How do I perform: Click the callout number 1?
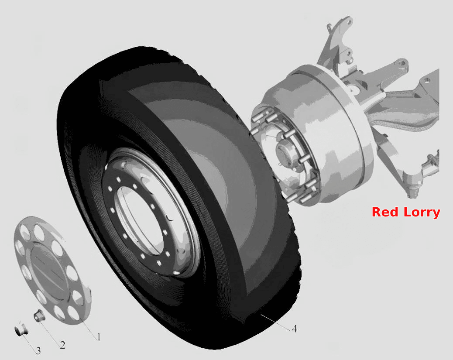pyautogui.click(x=99, y=337)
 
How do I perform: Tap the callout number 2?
pyautogui.click(x=63, y=345)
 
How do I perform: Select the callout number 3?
pyautogui.click(x=38, y=351)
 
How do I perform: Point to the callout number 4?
pyautogui.click(x=295, y=329)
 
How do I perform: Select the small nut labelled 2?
pyautogui.click(x=39, y=315)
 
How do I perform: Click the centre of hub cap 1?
pyautogui.click(x=49, y=269)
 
